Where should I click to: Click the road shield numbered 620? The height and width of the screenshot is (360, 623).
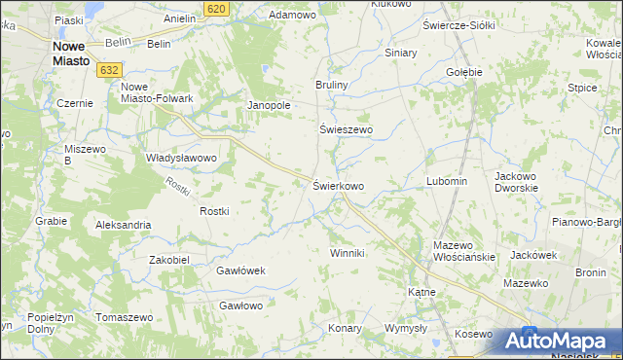point(217,8)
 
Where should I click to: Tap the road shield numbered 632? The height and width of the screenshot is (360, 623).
point(109,69)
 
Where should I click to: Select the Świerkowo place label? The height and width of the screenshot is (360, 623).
point(338,185)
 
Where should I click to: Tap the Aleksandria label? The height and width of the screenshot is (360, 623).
point(123,225)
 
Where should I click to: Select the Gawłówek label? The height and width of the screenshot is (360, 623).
point(240,270)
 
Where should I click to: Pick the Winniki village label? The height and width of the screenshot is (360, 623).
point(347,253)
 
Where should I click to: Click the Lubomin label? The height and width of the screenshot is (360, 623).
point(447,181)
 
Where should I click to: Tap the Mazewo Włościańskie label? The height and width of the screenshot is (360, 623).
point(464,251)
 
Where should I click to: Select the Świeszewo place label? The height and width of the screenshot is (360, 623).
point(347,128)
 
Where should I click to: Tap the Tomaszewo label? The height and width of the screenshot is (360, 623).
point(126,318)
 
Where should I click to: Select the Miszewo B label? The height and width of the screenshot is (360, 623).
point(82,154)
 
